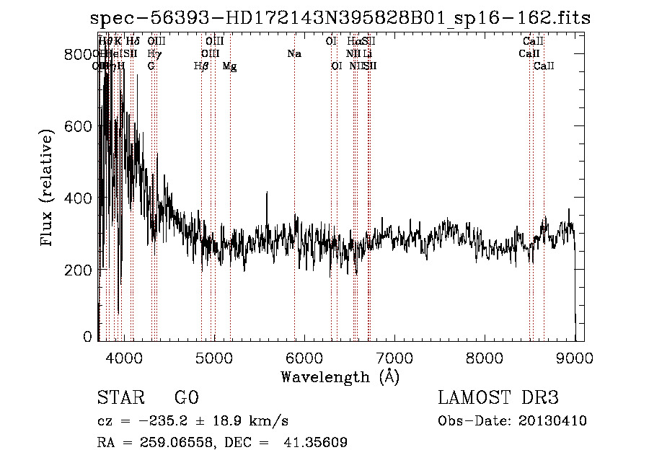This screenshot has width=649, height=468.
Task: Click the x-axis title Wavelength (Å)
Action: pyautogui.click(x=340, y=376)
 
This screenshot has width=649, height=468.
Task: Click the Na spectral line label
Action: pyautogui.click(x=293, y=54)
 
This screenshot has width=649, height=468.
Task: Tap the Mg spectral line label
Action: pyautogui.click(x=229, y=66)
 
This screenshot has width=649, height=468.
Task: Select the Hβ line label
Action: pyautogui.click(x=201, y=66)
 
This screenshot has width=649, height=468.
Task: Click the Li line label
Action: pyautogui.click(x=367, y=54)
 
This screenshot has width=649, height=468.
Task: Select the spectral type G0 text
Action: pyautogui.click(x=186, y=399)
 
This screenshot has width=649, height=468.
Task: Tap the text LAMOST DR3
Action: pyautogui.click(x=498, y=399)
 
